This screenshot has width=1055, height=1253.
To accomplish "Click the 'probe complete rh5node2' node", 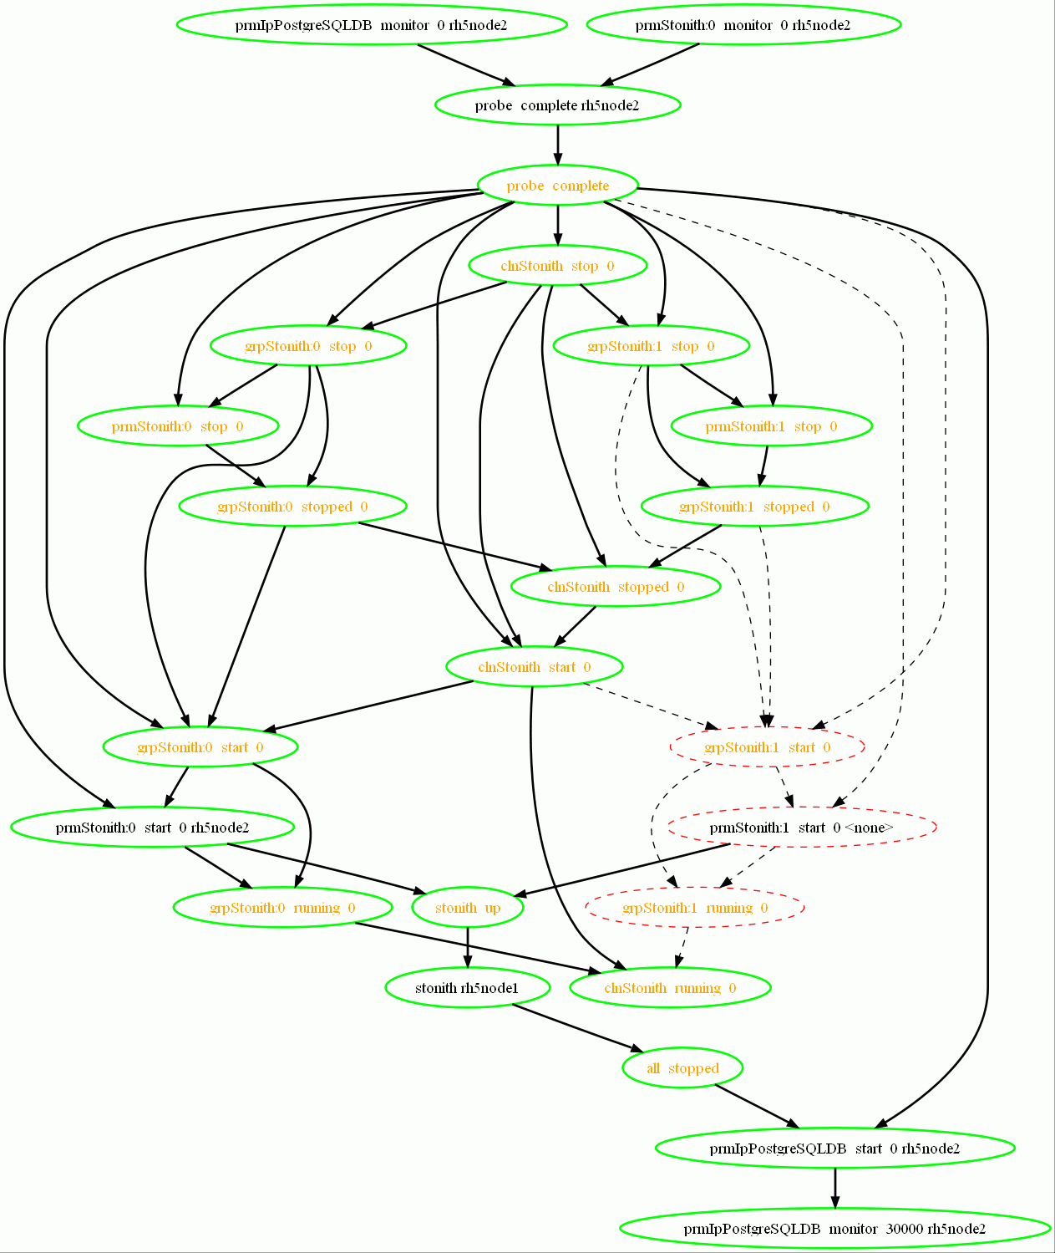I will click(x=557, y=105).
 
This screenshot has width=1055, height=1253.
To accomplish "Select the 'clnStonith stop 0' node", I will click(x=557, y=266).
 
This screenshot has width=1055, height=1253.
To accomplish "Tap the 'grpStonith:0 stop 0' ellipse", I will click(x=308, y=346).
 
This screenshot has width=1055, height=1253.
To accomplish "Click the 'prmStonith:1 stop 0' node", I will click(x=771, y=426).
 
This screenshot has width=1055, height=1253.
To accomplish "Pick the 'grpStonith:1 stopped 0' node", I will click(x=754, y=507).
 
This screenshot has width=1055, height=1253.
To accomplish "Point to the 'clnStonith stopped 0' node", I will click(x=616, y=587).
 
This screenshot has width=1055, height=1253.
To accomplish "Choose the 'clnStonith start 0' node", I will click(x=535, y=667).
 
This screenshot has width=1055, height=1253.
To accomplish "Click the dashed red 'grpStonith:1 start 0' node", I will click(x=767, y=747).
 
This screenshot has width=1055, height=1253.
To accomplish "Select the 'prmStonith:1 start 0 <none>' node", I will click(x=801, y=828).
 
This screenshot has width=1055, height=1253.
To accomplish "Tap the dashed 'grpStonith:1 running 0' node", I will click(x=695, y=908).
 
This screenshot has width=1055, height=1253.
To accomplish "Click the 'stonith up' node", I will click(x=468, y=908).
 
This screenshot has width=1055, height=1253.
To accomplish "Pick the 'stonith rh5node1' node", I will click(x=467, y=988).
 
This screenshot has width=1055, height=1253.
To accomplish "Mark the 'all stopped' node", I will click(x=682, y=1068).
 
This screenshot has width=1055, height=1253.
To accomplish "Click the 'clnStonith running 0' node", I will click(x=670, y=988).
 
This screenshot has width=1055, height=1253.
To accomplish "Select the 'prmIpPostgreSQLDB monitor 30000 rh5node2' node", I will click(x=834, y=1229).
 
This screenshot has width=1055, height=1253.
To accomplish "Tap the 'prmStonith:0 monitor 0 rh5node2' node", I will click(x=743, y=25).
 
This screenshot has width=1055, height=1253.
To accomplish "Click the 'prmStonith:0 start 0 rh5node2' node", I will click(x=152, y=828).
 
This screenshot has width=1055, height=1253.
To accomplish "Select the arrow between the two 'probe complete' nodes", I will click(x=558, y=145).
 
